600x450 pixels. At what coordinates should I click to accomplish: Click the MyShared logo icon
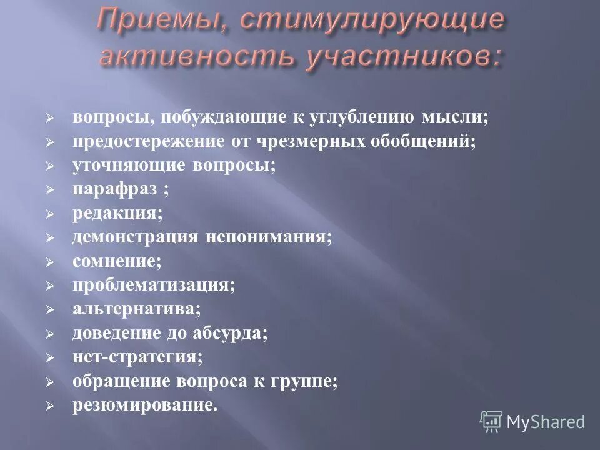[x=491, y=421]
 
